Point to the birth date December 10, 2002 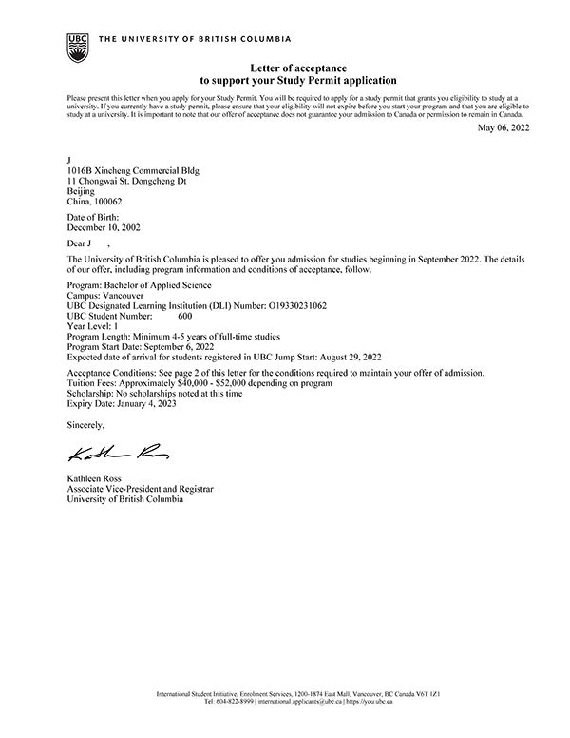[x=104, y=229]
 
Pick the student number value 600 [x=184, y=316]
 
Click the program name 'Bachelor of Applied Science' [x=159, y=284]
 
